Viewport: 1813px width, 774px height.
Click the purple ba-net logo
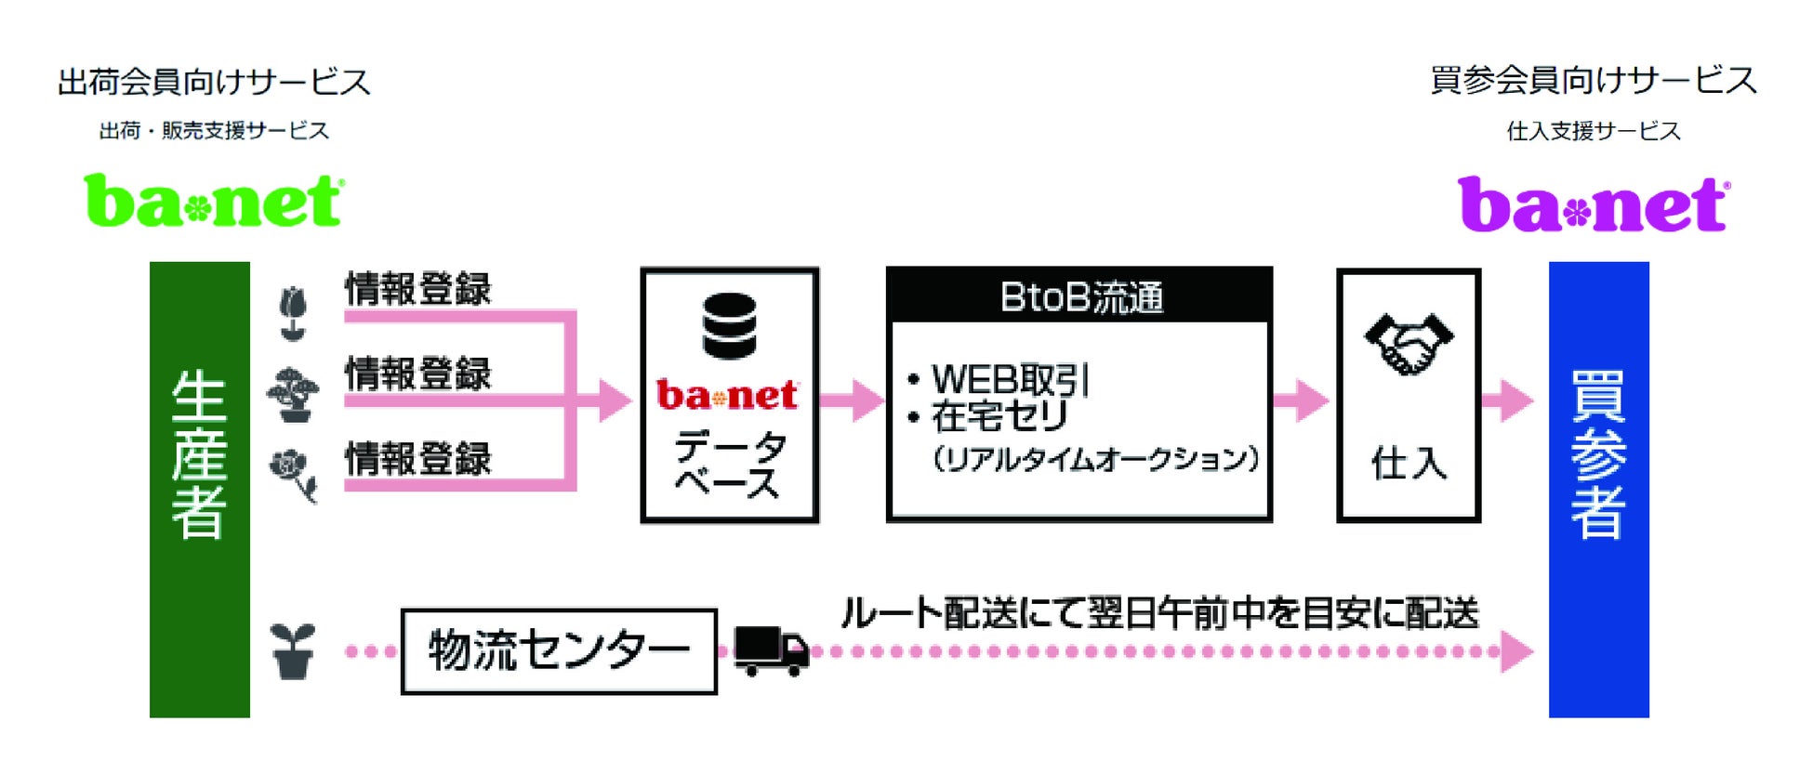pos(1594,204)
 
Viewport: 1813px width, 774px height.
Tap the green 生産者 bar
pos(200,489)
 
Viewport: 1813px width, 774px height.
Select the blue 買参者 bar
pos(1598,489)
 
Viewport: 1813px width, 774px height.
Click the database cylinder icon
pos(729,325)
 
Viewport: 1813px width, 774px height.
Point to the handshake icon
pos(1408,343)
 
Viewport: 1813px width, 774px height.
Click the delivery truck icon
pos(771,650)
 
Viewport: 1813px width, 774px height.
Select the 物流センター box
pos(559,651)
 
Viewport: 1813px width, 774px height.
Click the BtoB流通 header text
pos(1080,297)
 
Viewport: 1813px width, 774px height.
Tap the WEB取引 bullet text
pos(1010,379)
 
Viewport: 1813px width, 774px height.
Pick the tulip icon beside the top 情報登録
pos(293,313)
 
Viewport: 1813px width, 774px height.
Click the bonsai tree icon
pos(293,395)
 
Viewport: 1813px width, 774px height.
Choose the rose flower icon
pos(293,474)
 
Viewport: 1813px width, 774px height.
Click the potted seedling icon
pos(293,650)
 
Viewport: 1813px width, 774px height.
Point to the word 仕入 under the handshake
pos(1409,463)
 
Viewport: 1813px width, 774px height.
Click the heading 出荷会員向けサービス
pos(214,82)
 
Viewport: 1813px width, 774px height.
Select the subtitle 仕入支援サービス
pos(1594,131)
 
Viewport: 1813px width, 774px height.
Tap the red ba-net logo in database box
pos(727,396)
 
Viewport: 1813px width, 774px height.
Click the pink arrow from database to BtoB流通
pos(852,400)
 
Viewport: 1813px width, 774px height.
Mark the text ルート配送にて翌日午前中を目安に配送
pos(1159,613)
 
